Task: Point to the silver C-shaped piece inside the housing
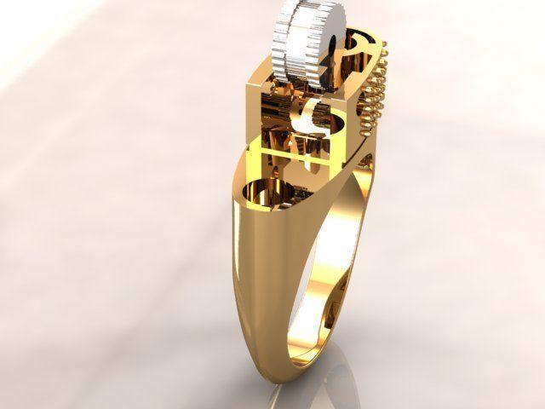tap(310, 116)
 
